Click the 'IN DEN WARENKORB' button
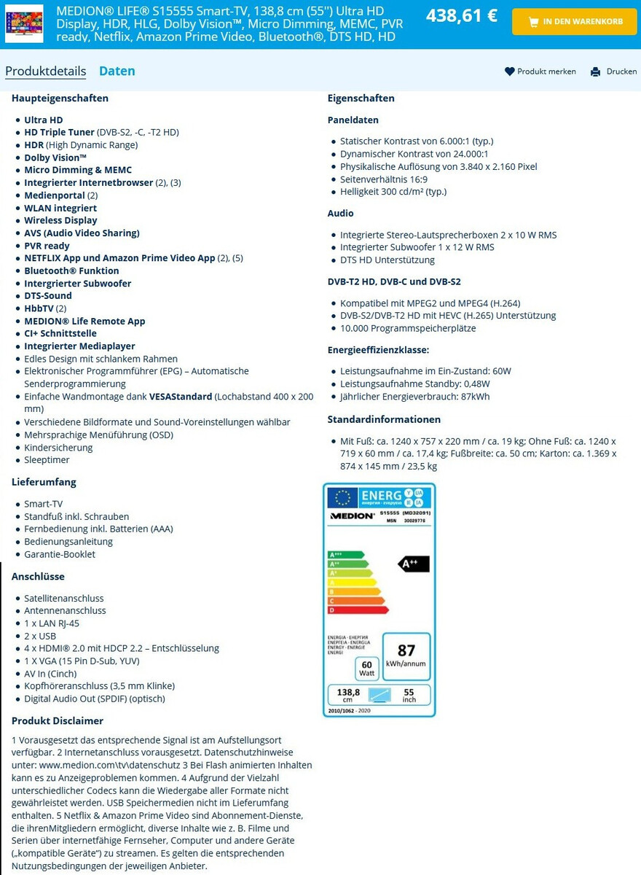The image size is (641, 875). [575, 22]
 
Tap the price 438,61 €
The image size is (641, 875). [461, 15]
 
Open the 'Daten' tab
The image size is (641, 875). [117, 71]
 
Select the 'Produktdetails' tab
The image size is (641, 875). [45, 71]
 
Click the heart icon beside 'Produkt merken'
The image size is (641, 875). [509, 71]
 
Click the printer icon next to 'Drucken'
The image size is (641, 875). [595, 71]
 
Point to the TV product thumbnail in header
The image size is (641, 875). [24, 22]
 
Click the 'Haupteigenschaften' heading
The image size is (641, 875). [60, 98]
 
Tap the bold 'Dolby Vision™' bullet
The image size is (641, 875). [55, 157]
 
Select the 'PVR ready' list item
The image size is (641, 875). [47, 246]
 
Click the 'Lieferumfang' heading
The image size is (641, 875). [44, 482]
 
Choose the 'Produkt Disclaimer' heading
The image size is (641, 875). [58, 720]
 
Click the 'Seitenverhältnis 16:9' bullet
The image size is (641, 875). [383, 179]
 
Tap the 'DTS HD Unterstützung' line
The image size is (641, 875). [387, 260]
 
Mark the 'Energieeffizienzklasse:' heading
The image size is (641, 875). [378, 350]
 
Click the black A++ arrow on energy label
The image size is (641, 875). [414, 564]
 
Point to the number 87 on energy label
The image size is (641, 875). [406, 650]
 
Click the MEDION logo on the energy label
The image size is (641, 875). [352, 515]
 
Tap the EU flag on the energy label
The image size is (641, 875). [343, 497]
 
